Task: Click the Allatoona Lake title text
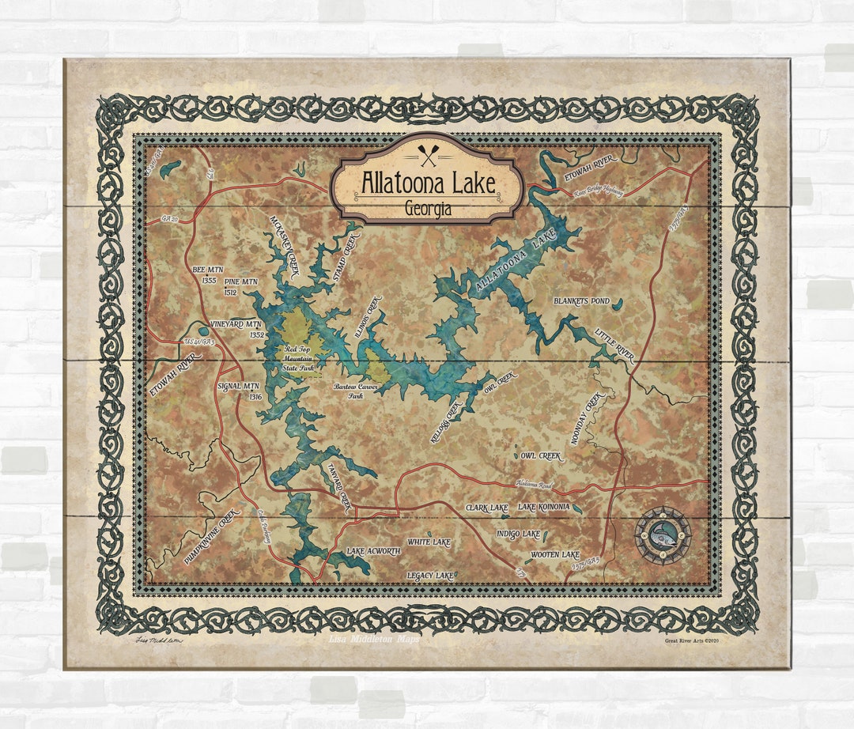(428, 183)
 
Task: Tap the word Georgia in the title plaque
(428, 210)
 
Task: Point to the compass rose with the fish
(663, 535)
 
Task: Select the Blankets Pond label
(581, 301)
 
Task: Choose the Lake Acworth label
(373, 550)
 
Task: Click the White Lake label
(429, 542)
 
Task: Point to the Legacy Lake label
(430, 575)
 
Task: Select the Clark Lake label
(486, 507)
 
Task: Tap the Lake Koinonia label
(543, 507)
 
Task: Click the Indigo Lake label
(518, 534)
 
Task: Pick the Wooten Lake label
(555, 555)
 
